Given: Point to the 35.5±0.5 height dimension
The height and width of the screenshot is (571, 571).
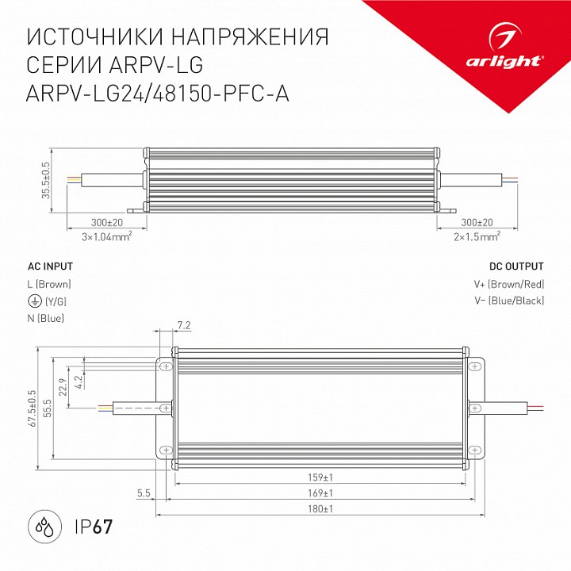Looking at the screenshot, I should tap(46, 181).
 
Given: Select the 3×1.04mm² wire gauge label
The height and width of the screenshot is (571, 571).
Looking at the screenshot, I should tap(105, 236).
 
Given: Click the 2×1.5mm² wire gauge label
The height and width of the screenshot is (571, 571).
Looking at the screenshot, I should tap(476, 236).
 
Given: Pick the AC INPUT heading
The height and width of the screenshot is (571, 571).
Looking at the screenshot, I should tap(50, 266).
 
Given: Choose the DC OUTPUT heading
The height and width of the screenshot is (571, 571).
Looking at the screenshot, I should tap(517, 266).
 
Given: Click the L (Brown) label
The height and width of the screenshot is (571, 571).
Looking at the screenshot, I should tap(49, 284).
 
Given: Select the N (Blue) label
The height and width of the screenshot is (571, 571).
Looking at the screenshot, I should tap(45, 318).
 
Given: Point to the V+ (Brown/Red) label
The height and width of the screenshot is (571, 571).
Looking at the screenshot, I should tap(516, 284).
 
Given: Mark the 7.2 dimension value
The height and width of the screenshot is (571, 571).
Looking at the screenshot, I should tap(183, 325).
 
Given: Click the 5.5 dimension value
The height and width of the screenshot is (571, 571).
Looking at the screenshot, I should tap(144, 493).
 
